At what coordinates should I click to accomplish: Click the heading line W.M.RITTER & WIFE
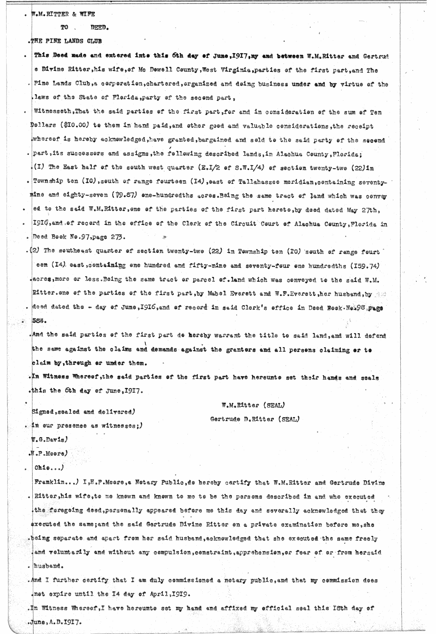click(x=64, y=14)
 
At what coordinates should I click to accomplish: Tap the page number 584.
click(x=40, y=322)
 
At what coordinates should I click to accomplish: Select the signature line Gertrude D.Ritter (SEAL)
click(x=255, y=419)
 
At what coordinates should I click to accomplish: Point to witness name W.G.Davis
click(x=49, y=440)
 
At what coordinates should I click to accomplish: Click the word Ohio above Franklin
click(x=44, y=468)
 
